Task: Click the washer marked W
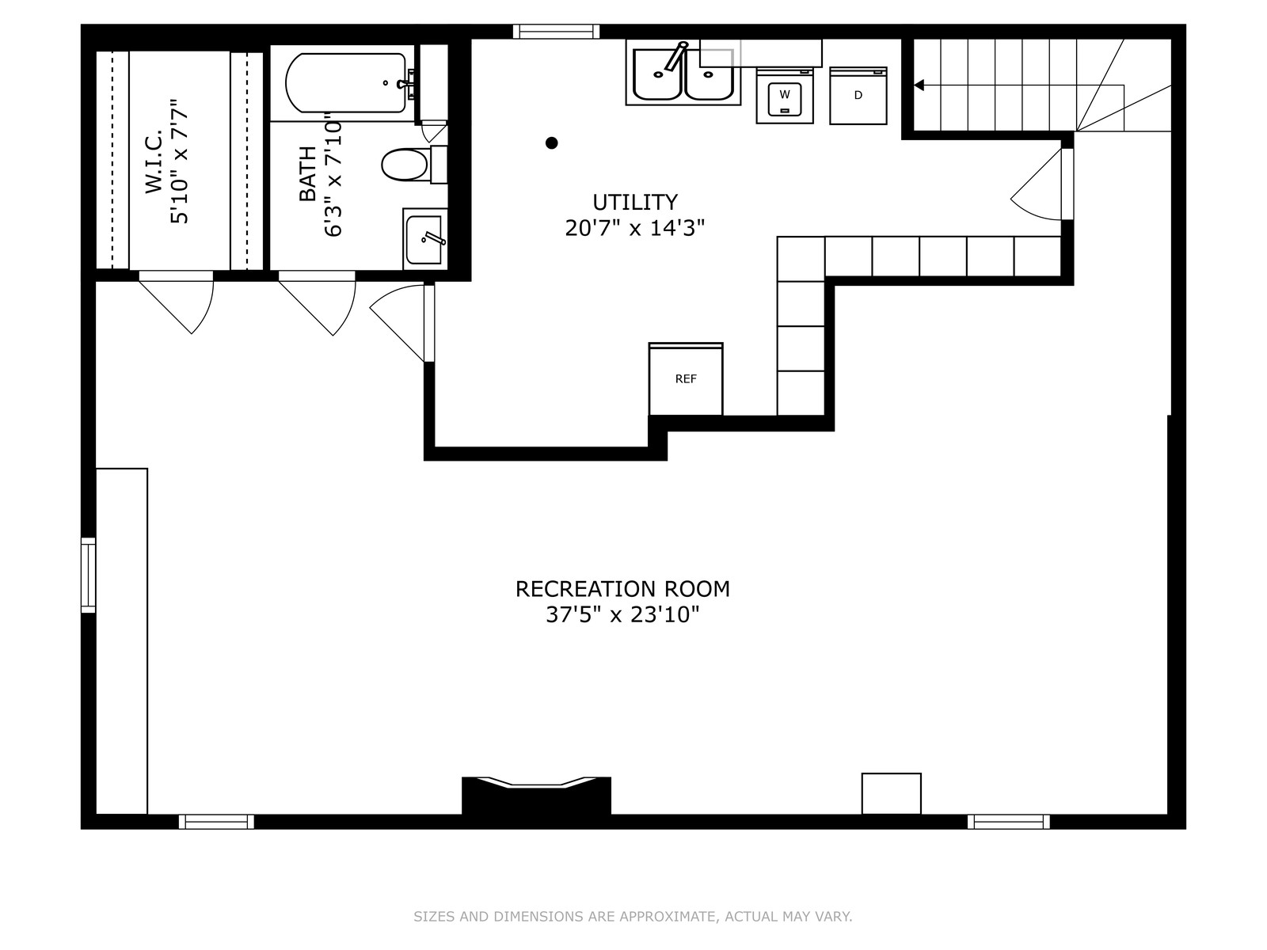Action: point(785,96)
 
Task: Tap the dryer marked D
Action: point(858,96)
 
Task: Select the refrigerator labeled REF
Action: point(686,379)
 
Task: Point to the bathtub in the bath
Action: point(346,83)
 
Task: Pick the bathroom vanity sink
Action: point(424,239)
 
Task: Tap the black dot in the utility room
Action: point(551,142)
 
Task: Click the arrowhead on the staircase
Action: point(919,85)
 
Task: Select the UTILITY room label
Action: point(635,203)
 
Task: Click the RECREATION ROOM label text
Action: point(622,589)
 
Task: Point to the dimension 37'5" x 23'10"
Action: point(622,615)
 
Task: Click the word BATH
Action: point(308,173)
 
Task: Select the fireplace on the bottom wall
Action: point(536,796)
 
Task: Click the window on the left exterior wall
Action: point(89,575)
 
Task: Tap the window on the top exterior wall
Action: point(557,31)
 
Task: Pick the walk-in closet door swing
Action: point(176,302)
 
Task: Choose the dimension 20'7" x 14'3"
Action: point(635,229)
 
